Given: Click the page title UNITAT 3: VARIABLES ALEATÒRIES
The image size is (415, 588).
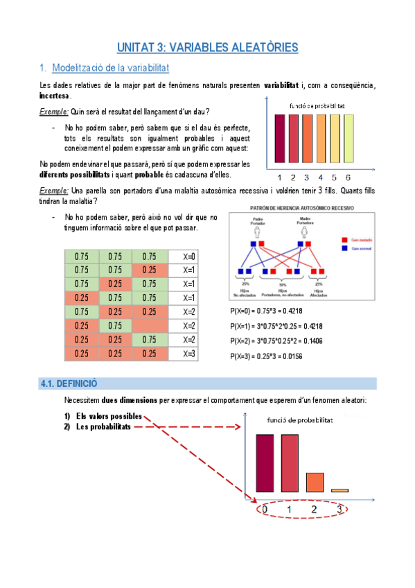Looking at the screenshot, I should click(x=207, y=48).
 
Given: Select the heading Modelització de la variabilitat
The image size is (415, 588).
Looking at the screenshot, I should click(x=110, y=68).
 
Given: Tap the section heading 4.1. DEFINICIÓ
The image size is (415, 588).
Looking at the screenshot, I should click(x=69, y=383).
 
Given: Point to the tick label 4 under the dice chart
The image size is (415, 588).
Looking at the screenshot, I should click(x=320, y=176).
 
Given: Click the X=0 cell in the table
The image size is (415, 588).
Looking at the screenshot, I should click(x=189, y=256).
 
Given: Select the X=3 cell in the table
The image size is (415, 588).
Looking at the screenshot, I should click(x=189, y=354).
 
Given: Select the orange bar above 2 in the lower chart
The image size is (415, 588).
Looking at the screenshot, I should click(x=314, y=482).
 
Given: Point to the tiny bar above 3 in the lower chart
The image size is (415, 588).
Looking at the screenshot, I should click(x=339, y=490).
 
